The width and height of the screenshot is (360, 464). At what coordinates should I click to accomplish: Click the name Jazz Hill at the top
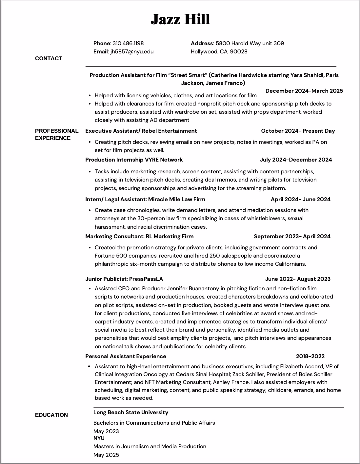pyautogui.click(x=180, y=19)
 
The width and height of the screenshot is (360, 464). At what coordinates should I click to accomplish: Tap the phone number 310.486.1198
pyautogui.click(x=128, y=43)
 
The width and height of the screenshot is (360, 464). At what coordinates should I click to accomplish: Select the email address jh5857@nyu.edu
pyautogui.click(x=132, y=51)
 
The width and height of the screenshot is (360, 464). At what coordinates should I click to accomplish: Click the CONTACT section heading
pyautogui.click(x=49, y=58)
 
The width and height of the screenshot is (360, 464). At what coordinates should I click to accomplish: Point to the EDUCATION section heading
pyautogui.click(x=51, y=415)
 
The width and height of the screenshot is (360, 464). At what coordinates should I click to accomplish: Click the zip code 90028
pyautogui.click(x=239, y=51)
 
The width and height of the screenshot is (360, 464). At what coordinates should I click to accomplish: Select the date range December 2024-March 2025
pyautogui.click(x=304, y=91)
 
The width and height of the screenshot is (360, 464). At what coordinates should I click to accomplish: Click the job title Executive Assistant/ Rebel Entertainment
pyautogui.click(x=141, y=131)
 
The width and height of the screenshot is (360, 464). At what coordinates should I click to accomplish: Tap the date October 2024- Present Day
pyautogui.click(x=298, y=131)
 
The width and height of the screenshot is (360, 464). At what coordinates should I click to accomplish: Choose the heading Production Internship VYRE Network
pyautogui.click(x=134, y=160)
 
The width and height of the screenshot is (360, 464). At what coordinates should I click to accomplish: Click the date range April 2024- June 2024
pyautogui.click(x=300, y=199)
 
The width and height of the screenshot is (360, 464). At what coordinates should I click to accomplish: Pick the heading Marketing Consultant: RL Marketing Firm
pyautogui.click(x=139, y=236)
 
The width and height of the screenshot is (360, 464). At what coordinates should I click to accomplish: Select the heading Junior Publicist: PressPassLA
pyautogui.click(x=124, y=279)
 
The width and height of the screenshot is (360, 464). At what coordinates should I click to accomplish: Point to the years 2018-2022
pyautogui.click(x=310, y=356)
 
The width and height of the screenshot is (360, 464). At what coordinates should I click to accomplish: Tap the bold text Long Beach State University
pyautogui.click(x=130, y=412)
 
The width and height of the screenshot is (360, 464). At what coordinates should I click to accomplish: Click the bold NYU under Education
pyautogui.click(x=99, y=438)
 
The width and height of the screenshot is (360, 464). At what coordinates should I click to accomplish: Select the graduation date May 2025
pyautogui.click(x=106, y=455)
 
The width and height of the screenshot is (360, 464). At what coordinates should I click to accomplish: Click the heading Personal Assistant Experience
pyautogui.click(x=126, y=356)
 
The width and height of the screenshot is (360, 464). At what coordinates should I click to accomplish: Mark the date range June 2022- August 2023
pyautogui.click(x=297, y=279)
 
